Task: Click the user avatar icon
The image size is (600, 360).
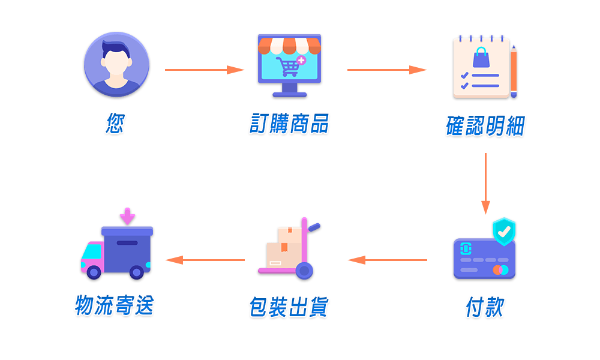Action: tap(116, 64)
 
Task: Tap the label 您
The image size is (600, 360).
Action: tap(115, 124)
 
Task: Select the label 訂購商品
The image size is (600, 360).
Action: tap(289, 124)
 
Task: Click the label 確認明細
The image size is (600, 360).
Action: tap(485, 126)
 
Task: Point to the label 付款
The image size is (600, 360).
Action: tap(485, 307)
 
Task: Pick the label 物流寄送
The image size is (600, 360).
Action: tap(115, 305)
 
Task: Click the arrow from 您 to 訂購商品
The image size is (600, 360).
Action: tap(204, 70)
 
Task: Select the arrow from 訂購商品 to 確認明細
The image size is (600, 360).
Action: tap(386, 70)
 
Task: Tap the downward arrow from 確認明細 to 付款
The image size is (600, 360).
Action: tap(486, 183)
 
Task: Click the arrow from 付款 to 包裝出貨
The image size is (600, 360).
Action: tap(388, 260)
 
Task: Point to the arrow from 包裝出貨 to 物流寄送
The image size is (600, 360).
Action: tap(205, 260)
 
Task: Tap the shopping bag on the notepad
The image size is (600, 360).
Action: tap(481, 57)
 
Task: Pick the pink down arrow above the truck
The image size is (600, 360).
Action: tap(127, 216)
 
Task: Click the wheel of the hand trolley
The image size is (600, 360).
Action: tap(305, 271)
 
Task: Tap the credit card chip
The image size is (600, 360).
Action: tap(466, 248)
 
